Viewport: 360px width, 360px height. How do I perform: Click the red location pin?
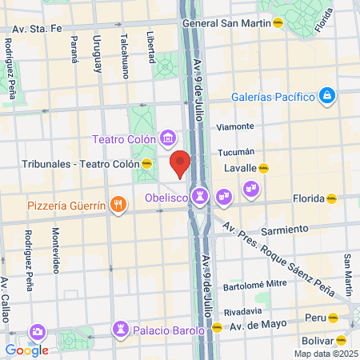coord(181,162)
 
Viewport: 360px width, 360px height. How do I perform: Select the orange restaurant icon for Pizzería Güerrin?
coord(118,205)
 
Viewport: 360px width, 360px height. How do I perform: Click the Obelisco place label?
coord(166,196)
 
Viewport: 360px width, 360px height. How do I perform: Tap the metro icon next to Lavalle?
coord(263,169)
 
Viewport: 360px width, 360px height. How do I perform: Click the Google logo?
coord(27,350)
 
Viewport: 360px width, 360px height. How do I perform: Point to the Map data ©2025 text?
coord(325,354)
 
